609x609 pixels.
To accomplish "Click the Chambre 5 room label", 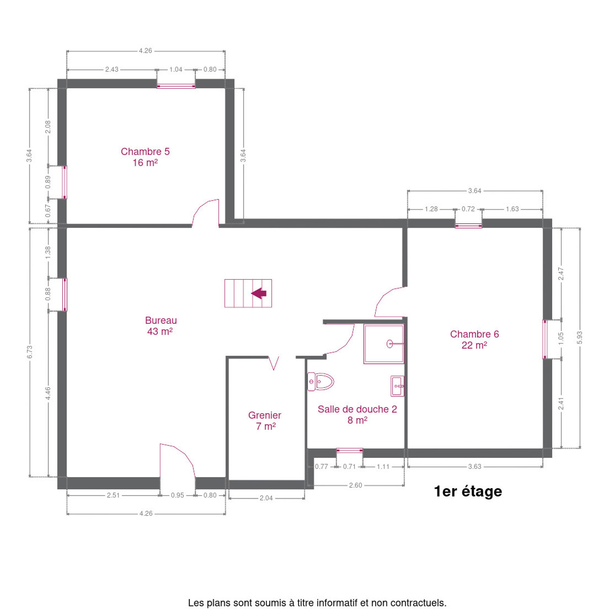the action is tap(145, 157).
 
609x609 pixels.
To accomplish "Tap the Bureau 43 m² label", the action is tap(160, 325).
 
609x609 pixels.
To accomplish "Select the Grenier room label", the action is tap(265, 420).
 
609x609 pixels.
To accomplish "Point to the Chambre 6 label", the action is tap(474, 340).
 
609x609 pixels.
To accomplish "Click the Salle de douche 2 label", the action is tap(357, 415).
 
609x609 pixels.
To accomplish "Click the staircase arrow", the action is tap(259, 293).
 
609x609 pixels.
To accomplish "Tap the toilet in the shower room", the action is tap(320, 382).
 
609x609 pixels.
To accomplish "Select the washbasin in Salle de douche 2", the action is tap(397, 386).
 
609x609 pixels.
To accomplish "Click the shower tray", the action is tap(384, 344).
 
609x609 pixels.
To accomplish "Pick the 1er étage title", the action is tap(468, 491).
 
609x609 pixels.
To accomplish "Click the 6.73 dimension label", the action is tap(30, 352).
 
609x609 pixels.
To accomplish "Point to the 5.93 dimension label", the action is tap(580, 337).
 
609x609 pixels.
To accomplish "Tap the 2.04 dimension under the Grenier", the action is tap(266, 498).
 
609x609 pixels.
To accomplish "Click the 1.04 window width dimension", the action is tap(176, 69).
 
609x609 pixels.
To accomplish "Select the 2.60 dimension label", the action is tap(356, 485).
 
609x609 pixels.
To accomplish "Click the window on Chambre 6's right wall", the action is tap(545, 339).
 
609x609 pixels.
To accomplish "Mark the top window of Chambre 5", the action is tap(176, 86).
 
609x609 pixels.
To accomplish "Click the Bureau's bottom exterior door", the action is tap(177, 461).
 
